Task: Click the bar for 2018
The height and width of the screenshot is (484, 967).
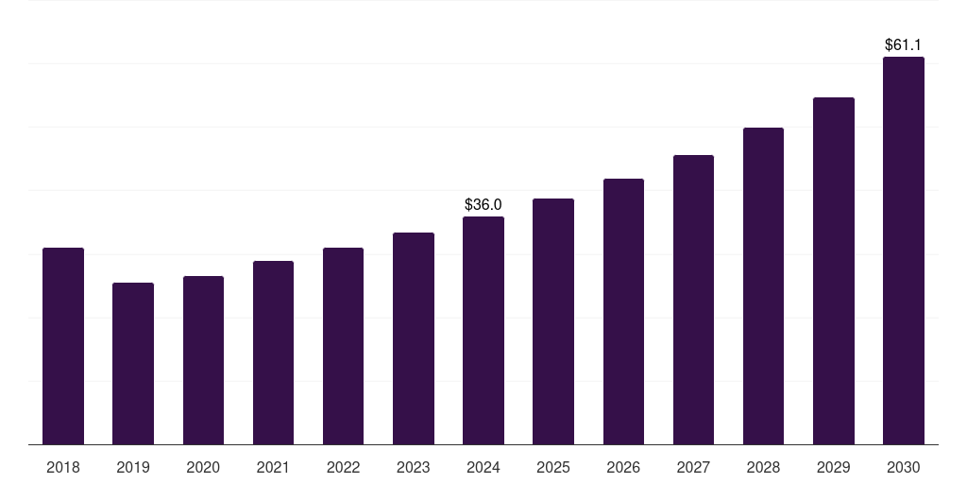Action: tap(63, 346)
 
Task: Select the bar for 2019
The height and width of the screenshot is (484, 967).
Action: tap(133, 364)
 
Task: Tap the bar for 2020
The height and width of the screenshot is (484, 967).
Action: tap(203, 360)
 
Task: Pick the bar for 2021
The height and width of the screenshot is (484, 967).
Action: tap(273, 353)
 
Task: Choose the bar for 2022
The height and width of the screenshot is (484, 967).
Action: tap(343, 346)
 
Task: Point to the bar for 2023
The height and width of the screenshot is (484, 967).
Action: tap(414, 338)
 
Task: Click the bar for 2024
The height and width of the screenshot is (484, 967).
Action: tap(483, 331)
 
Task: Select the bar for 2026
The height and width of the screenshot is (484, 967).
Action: tap(623, 312)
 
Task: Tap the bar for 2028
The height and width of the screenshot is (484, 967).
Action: tap(763, 286)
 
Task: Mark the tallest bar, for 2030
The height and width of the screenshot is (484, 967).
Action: tap(903, 251)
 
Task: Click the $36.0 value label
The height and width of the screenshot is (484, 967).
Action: tap(483, 204)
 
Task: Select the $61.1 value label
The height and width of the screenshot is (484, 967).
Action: tap(903, 44)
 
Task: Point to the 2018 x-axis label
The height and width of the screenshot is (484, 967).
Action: tap(63, 467)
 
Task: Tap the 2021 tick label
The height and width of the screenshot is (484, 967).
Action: tap(273, 467)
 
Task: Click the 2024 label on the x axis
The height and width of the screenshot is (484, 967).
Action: tap(483, 467)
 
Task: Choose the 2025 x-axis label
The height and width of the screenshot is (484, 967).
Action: tap(553, 467)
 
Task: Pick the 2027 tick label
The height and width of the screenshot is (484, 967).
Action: tap(693, 467)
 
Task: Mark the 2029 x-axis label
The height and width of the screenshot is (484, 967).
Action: tap(833, 467)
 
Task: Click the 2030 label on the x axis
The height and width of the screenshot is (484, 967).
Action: tap(903, 467)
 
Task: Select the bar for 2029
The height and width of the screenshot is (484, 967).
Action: tap(833, 271)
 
